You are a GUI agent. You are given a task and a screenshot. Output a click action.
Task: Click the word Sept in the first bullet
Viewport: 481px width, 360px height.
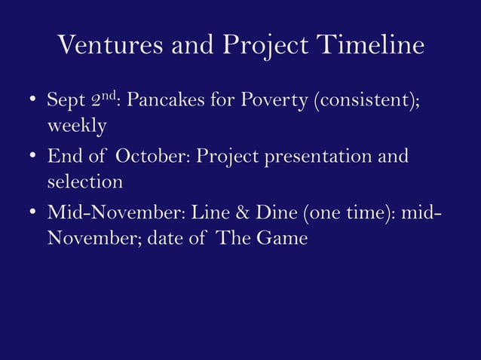62,100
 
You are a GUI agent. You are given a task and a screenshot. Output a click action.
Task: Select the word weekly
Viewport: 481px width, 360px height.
77,126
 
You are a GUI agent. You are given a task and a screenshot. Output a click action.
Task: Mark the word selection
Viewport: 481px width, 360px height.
84,182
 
